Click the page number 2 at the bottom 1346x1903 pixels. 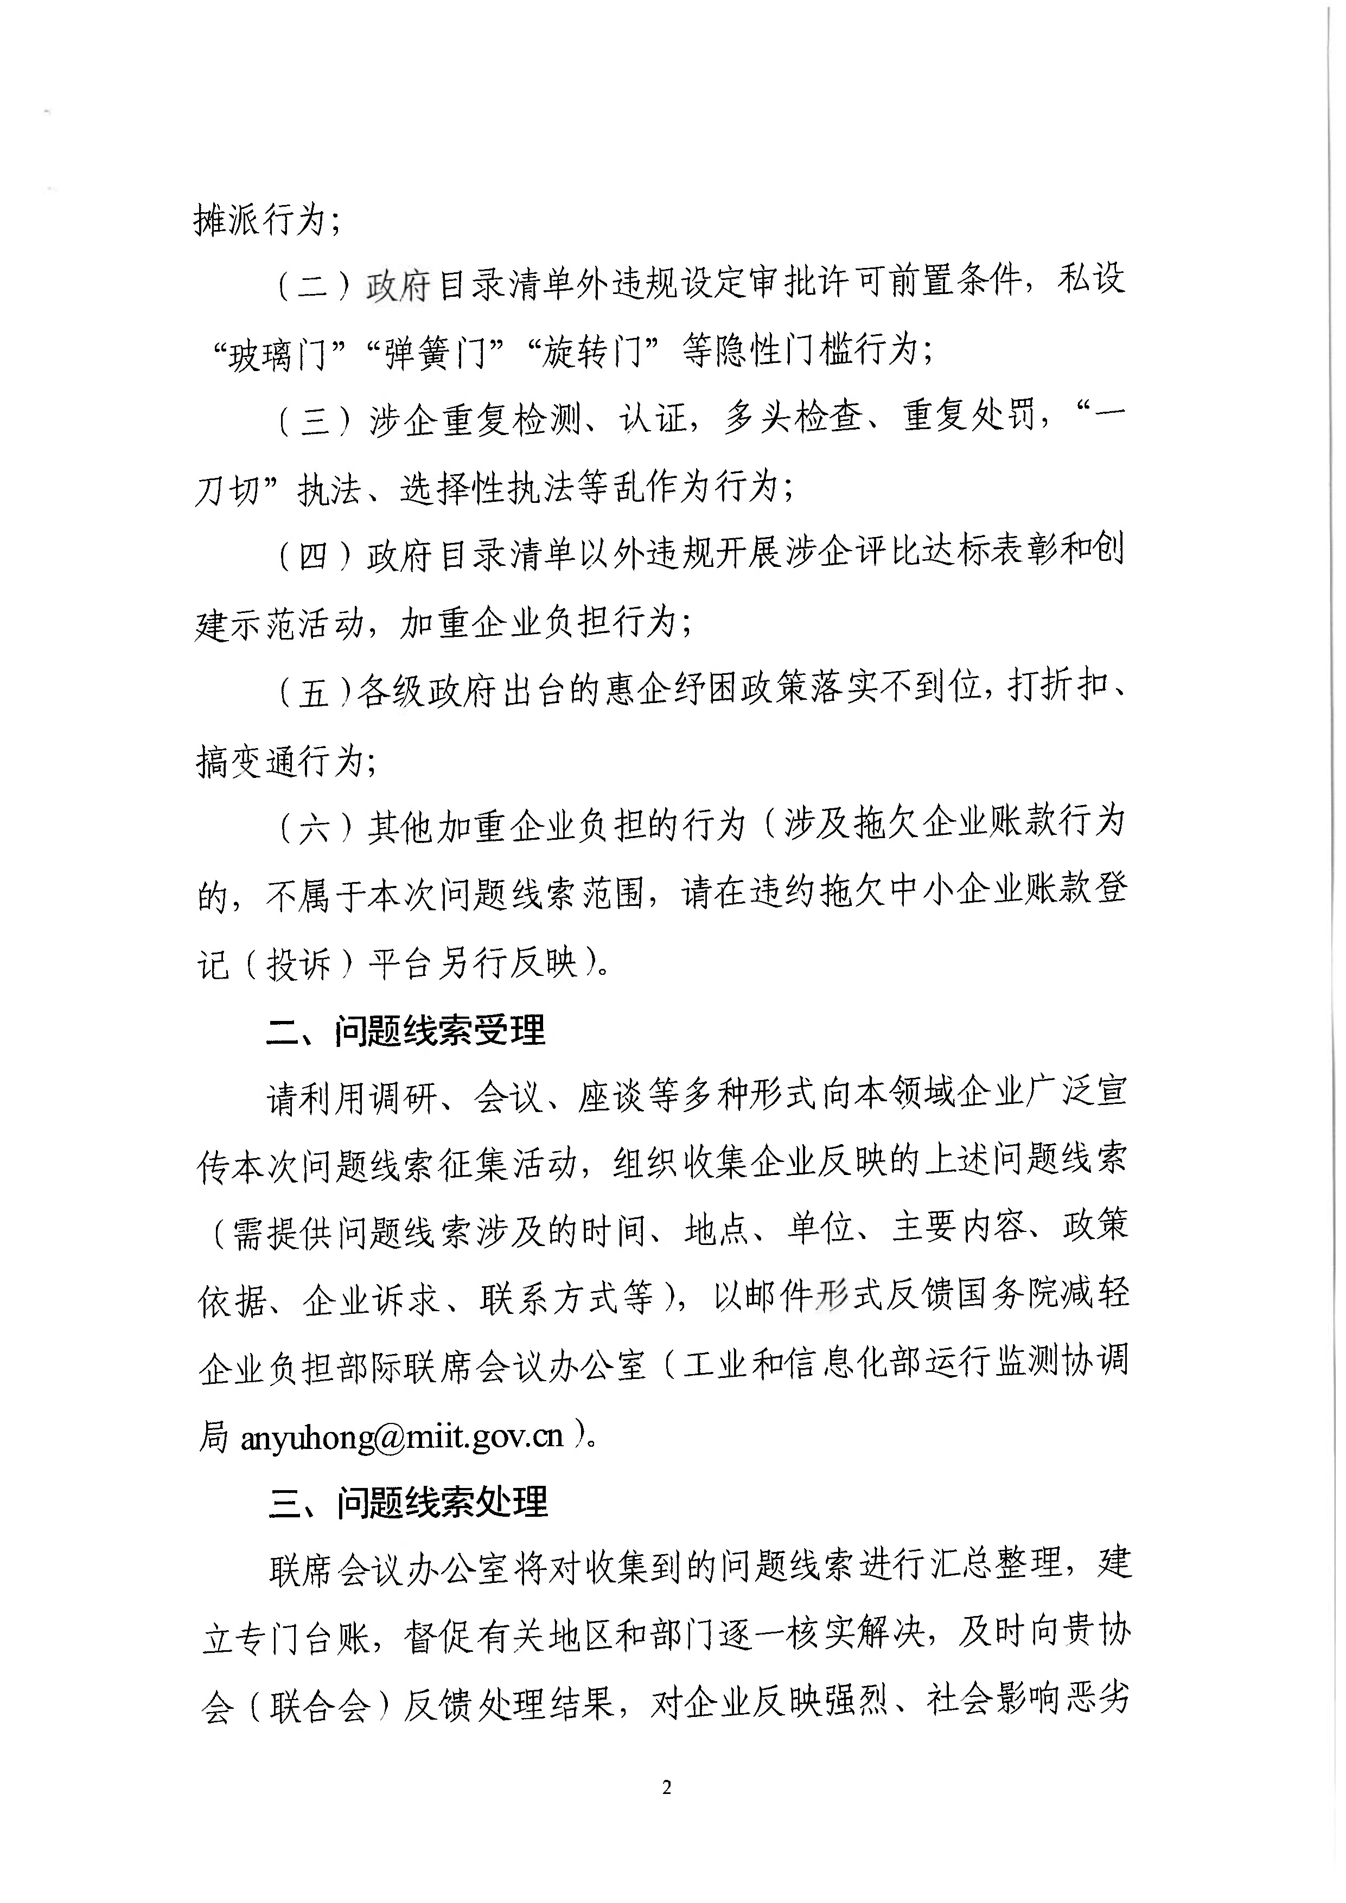(x=667, y=1788)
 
